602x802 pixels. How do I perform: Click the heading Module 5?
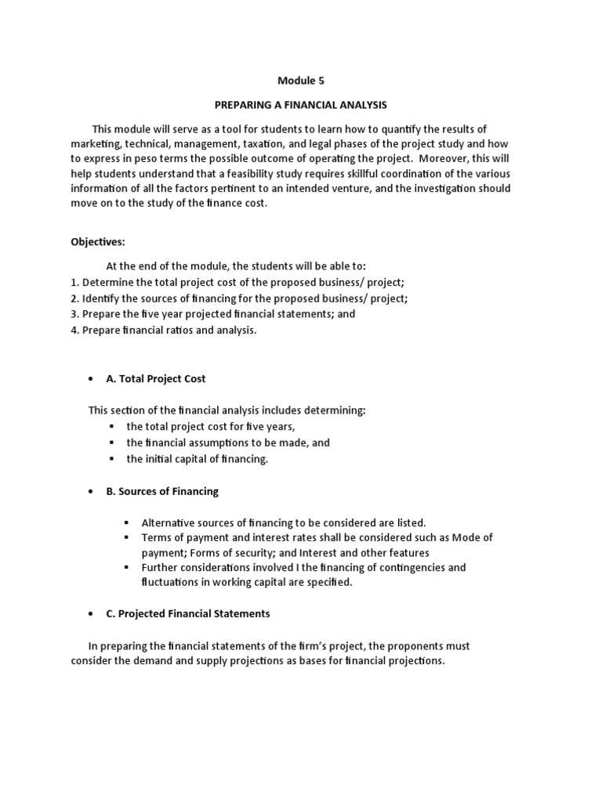click(x=301, y=80)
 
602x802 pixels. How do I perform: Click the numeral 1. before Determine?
click(x=74, y=283)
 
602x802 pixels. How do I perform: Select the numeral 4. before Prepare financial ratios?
click(x=74, y=330)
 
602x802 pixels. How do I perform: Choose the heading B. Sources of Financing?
click(x=162, y=492)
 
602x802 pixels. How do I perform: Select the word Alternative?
click(x=169, y=522)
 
